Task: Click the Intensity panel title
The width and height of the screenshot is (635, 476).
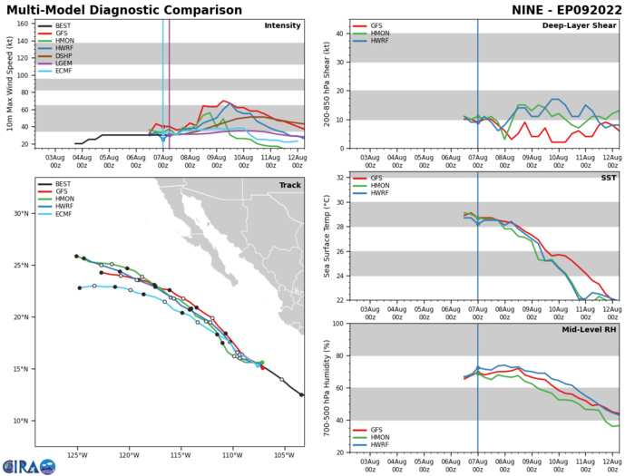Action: [282, 25]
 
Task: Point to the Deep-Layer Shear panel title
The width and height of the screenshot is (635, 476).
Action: [575, 25]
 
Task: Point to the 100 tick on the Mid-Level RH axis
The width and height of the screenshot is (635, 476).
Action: [338, 324]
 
